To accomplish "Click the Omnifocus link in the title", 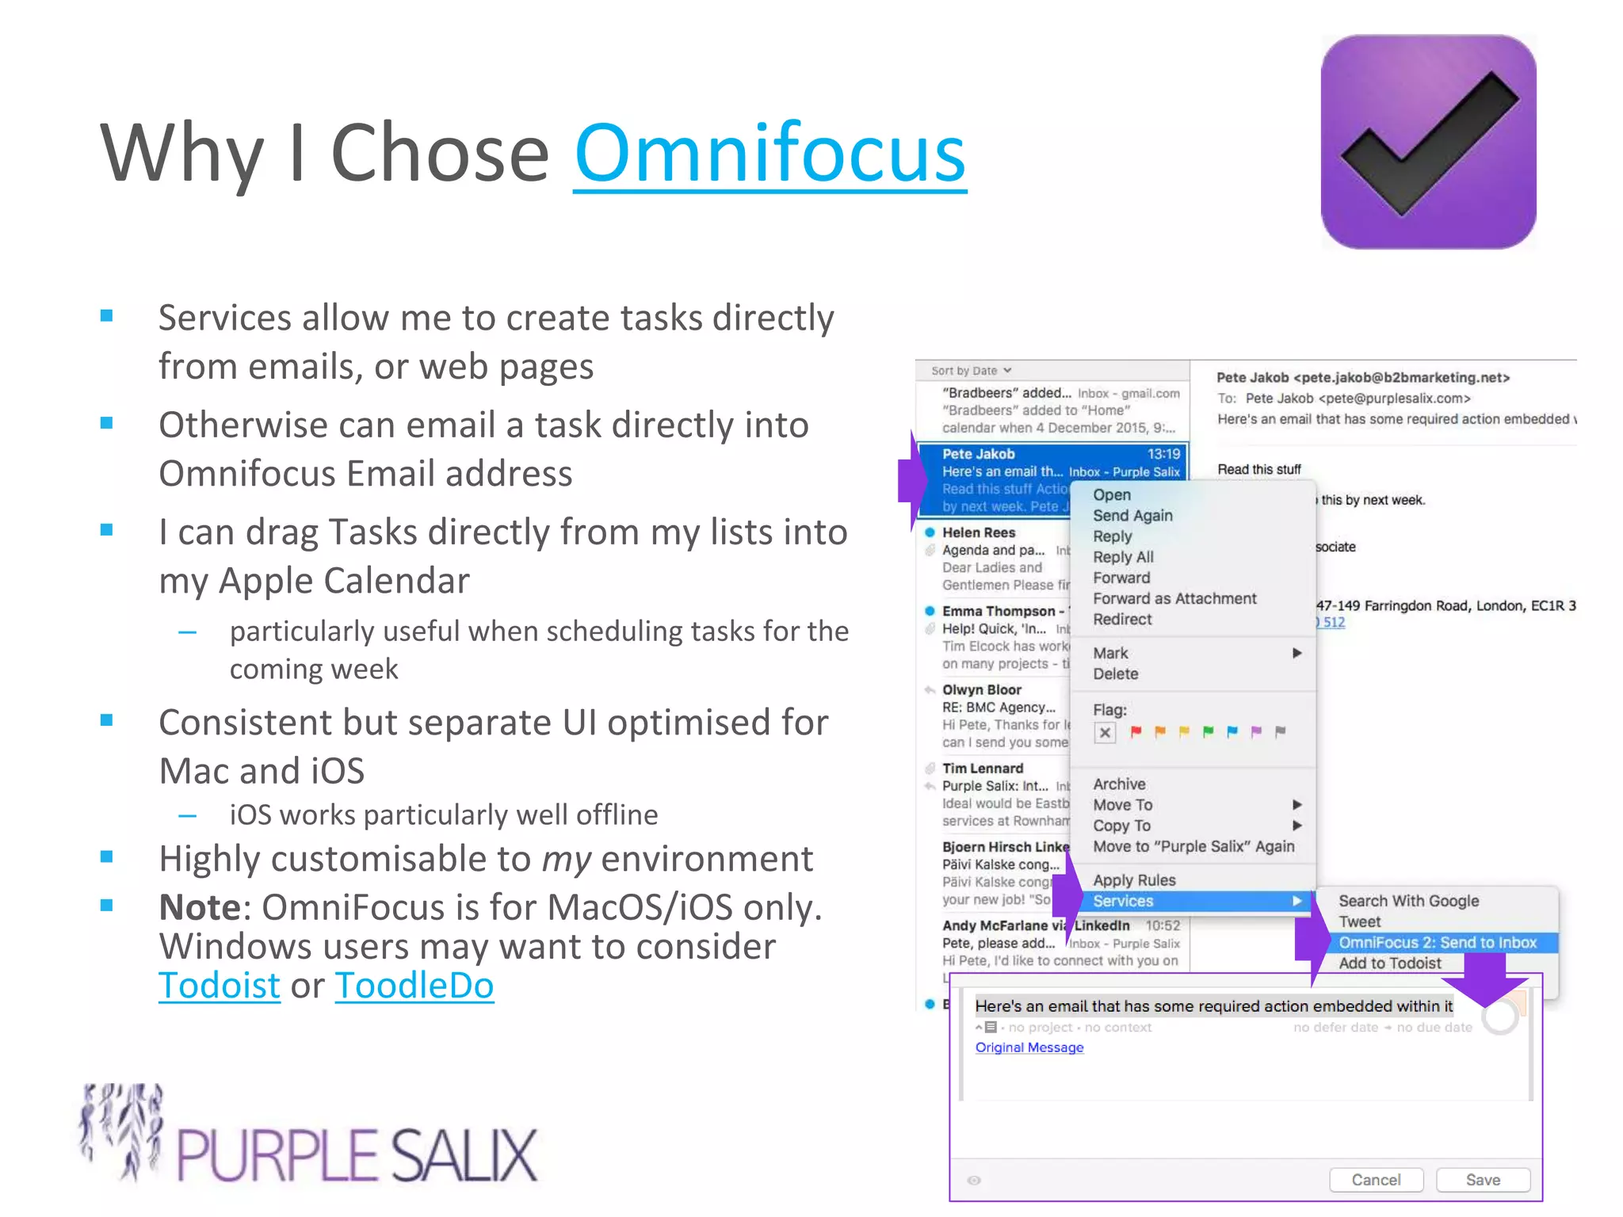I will pyautogui.click(x=769, y=152).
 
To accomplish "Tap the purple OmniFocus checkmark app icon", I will pyautogui.click(x=1428, y=142).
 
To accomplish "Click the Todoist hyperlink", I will pyautogui.click(x=219, y=985).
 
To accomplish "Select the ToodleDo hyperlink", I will pyautogui.click(x=414, y=985).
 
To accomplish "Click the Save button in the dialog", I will pyautogui.click(x=1482, y=1180).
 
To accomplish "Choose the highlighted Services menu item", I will pyautogui.click(x=1123, y=901).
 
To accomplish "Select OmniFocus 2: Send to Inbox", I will pyautogui.click(x=1437, y=942).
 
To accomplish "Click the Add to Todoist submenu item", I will pyautogui.click(x=1389, y=963).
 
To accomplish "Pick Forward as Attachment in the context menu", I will pyautogui.click(x=1174, y=598).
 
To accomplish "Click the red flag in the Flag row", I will pyautogui.click(x=1136, y=731).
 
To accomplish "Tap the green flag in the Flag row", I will pyautogui.click(x=1208, y=731).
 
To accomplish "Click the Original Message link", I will pyautogui.click(x=1029, y=1047).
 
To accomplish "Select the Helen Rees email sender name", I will pyautogui.click(x=978, y=532).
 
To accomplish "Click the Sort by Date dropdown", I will pyautogui.click(x=971, y=370).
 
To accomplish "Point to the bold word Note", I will pyautogui.click(x=200, y=907).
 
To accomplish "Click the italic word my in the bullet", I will pyautogui.click(x=566, y=859).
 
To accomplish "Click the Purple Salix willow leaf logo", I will pyautogui.click(x=123, y=1131).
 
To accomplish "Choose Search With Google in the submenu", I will pyautogui.click(x=1408, y=901).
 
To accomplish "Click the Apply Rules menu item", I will pyautogui.click(x=1133, y=880).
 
